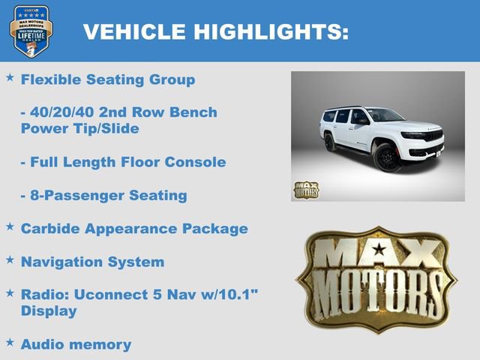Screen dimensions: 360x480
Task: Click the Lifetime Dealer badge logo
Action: click(31, 31)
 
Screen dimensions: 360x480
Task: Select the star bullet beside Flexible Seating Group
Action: click(10, 77)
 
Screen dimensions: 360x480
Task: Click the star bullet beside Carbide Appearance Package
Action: click(10, 226)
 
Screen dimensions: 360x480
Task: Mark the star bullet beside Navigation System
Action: click(10, 259)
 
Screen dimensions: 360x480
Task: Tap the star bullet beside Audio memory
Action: click(10, 342)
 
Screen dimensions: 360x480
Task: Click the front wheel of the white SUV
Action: click(388, 158)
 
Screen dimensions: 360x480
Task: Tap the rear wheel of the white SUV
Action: click(330, 142)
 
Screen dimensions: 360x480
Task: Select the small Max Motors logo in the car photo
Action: click(305, 190)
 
